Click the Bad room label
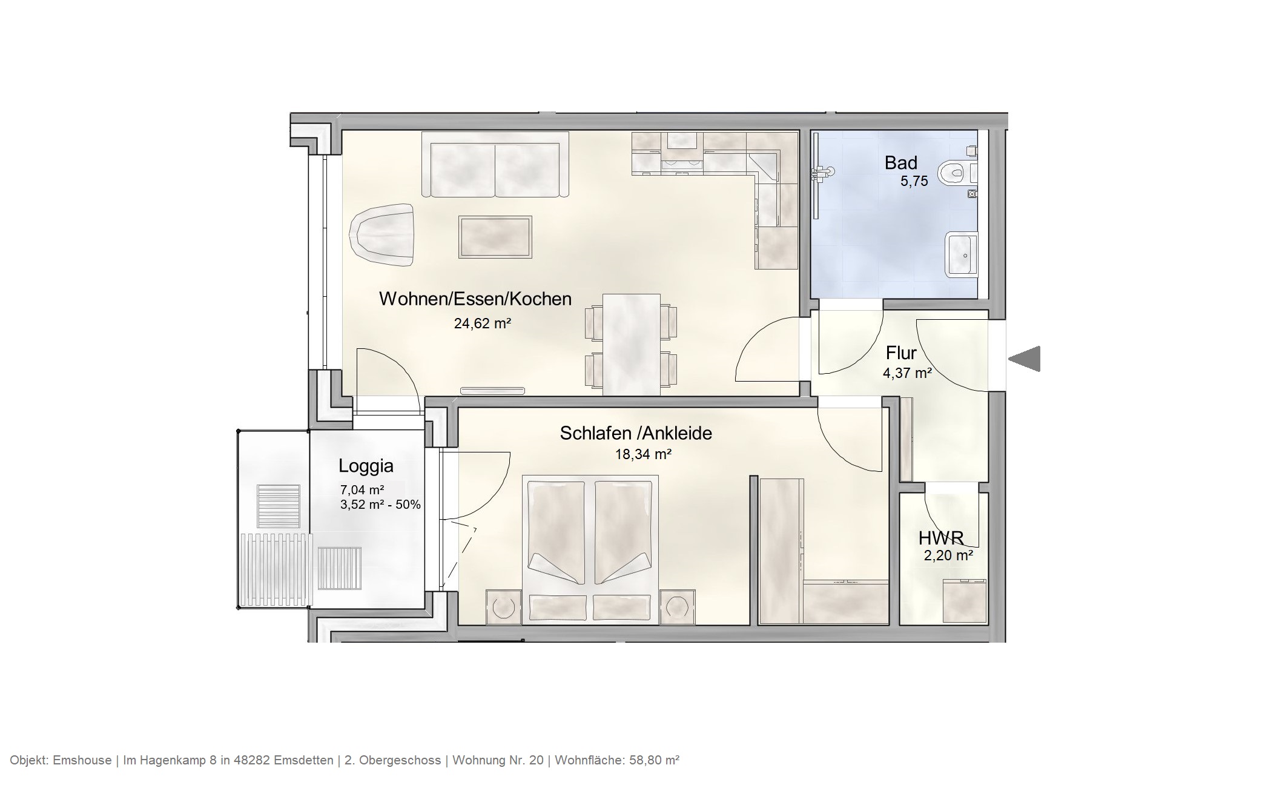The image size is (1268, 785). [x=900, y=162]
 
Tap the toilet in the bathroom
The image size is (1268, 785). [x=957, y=173]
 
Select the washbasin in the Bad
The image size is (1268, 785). [x=962, y=254]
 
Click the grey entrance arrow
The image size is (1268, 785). [x=1025, y=359]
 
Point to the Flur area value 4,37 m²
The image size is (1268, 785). [x=906, y=373]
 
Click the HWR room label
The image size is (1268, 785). [x=940, y=538]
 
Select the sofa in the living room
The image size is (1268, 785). [x=495, y=165]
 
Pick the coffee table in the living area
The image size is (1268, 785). [x=495, y=237]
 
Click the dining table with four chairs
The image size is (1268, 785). [x=631, y=344]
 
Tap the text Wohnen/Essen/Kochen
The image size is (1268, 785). [x=475, y=299]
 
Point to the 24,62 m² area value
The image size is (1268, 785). [x=483, y=323]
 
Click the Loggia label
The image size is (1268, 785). [x=366, y=466]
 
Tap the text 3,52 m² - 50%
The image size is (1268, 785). [x=380, y=504]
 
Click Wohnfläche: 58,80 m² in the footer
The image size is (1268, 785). [x=616, y=760]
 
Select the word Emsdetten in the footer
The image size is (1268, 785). [x=303, y=760]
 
